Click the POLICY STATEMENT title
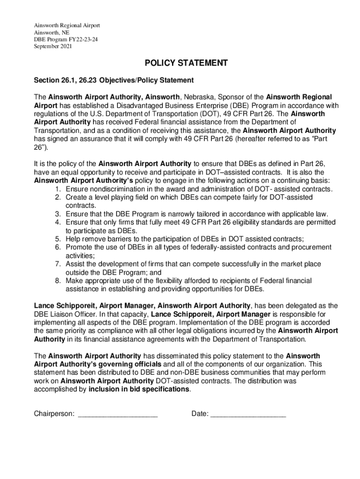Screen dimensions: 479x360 point(180,63)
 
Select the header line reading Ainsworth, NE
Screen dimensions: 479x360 point(51,32)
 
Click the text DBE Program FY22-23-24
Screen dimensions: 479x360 point(65,39)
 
